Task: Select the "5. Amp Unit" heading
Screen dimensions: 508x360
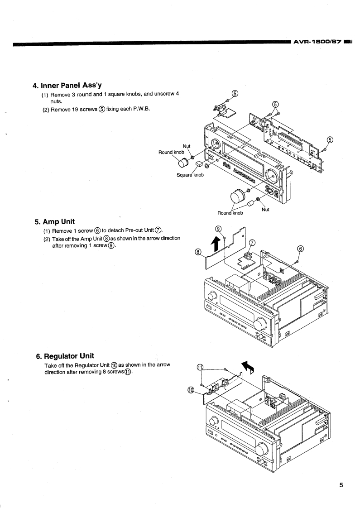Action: coord(55,222)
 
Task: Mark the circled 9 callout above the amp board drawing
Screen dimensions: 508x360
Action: coord(218,229)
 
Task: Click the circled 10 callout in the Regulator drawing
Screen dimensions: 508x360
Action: coord(192,389)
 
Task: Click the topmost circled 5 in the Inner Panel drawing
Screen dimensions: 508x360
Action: coord(235,93)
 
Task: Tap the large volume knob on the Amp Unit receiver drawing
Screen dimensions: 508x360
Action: coord(260,324)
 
